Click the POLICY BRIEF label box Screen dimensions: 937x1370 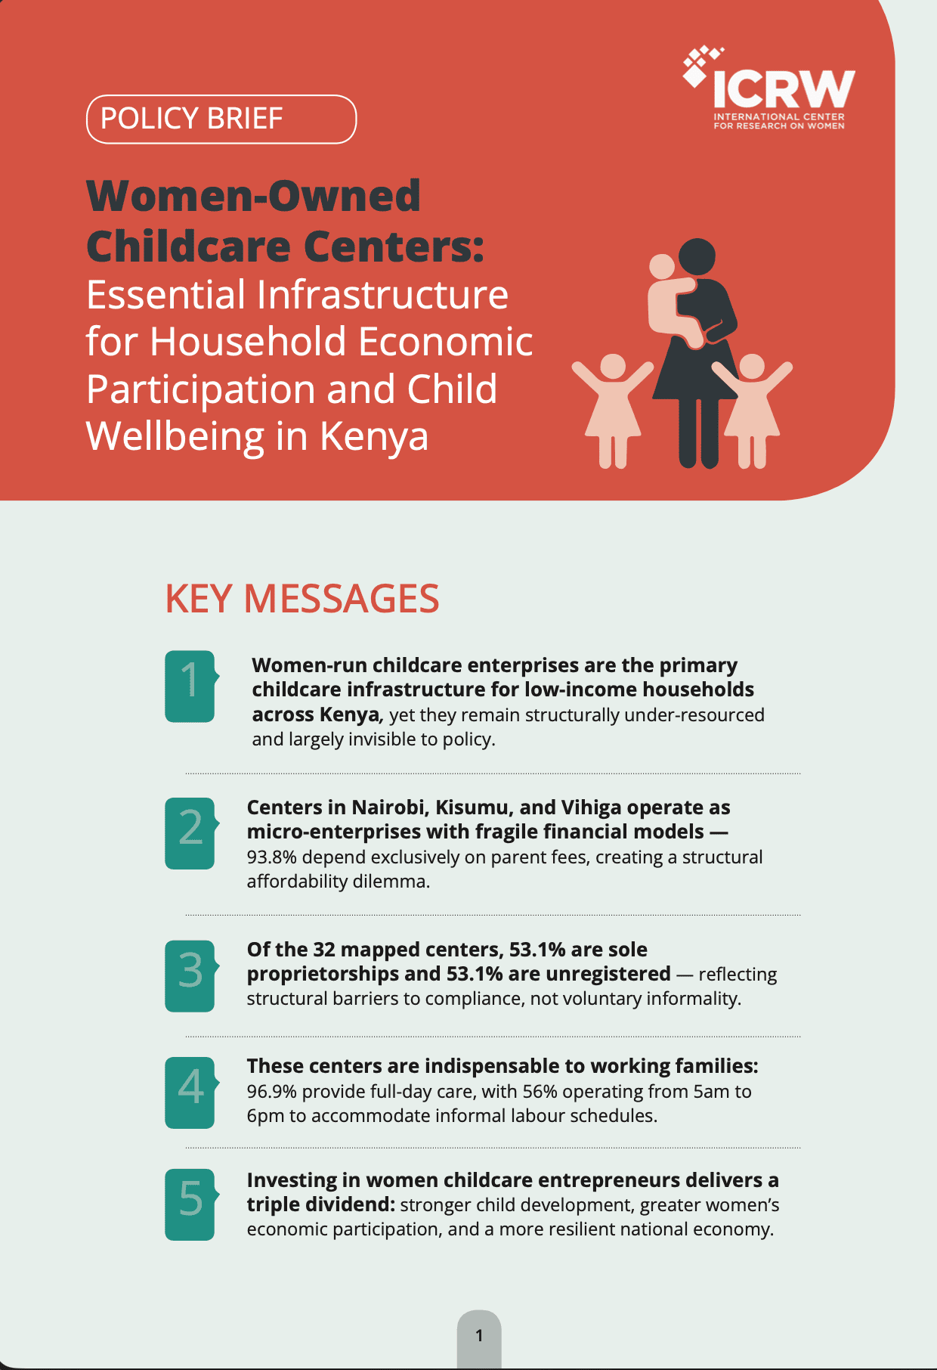pyautogui.click(x=221, y=119)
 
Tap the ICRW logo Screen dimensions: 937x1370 pyautogui.click(x=769, y=88)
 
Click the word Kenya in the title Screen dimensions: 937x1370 pyautogui.click(x=374, y=436)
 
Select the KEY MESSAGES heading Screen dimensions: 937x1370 pyautogui.click(x=302, y=599)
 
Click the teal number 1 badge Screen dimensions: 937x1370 pyautogui.click(x=191, y=686)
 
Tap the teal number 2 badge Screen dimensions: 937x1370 pyautogui.click(x=191, y=833)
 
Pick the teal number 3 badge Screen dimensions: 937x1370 pyautogui.click(x=191, y=976)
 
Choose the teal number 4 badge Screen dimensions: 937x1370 pyautogui.click(x=191, y=1093)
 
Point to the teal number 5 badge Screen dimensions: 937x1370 pyautogui.click(x=191, y=1204)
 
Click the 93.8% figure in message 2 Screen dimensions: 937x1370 pyautogui.click(x=271, y=857)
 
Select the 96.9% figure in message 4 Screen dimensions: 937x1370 pyautogui.click(x=271, y=1092)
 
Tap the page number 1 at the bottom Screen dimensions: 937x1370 pyautogui.click(x=479, y=1336)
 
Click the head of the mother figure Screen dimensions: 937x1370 pyautogui.click(x=697, y=258)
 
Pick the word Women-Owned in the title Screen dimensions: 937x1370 pyautogui.click(x=254, y=196)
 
